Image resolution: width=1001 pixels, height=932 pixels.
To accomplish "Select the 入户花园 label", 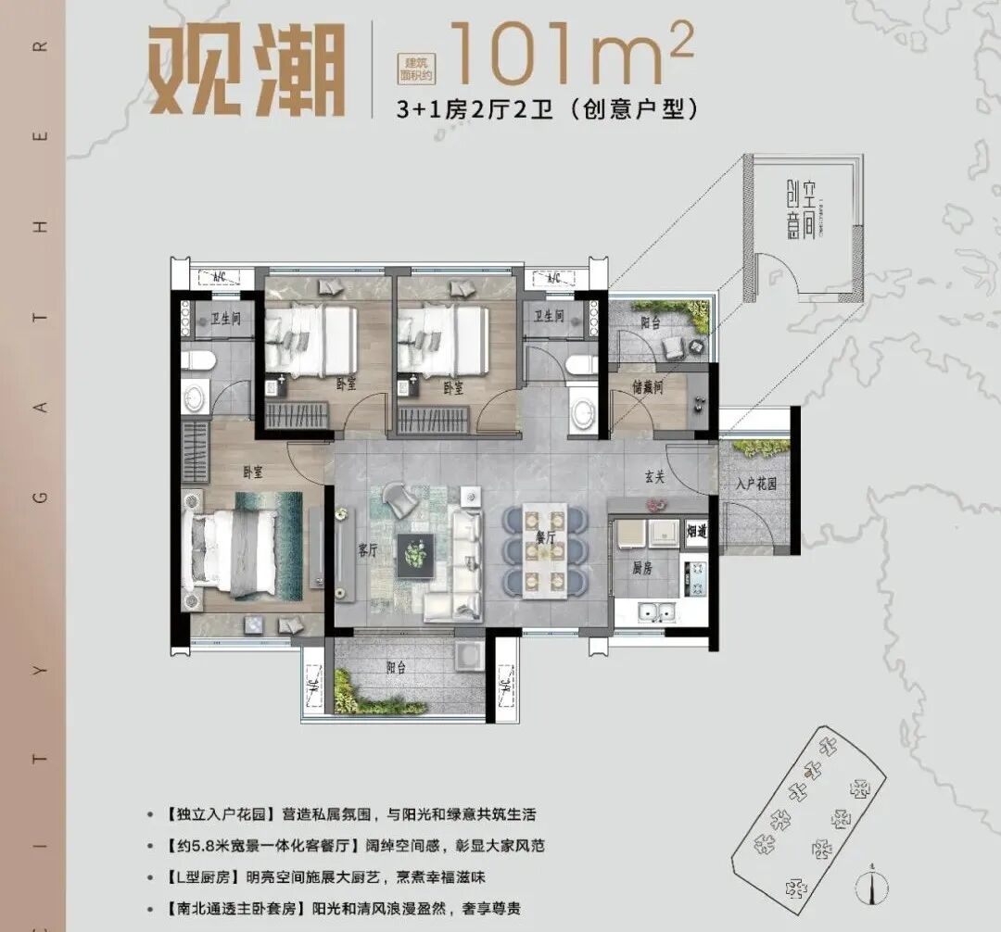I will (755, 483).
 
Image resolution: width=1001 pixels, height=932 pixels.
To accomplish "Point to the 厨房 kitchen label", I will (643, 568).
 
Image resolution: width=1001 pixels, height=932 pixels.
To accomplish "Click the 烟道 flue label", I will (696, 532).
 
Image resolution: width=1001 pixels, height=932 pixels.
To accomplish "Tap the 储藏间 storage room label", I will (649, 389).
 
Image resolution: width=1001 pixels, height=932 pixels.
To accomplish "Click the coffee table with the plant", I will (413, 555).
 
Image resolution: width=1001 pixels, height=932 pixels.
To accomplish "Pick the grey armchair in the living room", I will (401, 500).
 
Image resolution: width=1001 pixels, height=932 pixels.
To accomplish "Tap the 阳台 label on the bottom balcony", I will (398, 666).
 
